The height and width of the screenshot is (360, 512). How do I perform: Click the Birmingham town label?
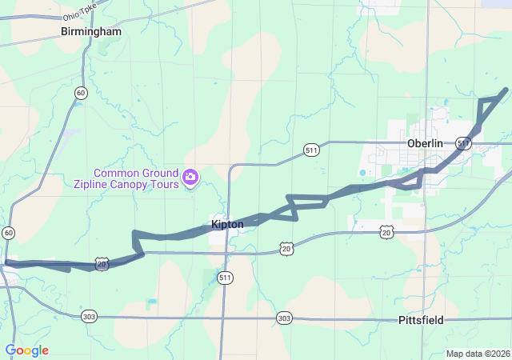point(91,32)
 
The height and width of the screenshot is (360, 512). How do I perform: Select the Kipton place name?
point(227,225)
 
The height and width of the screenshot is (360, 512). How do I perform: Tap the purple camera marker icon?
point(190,176)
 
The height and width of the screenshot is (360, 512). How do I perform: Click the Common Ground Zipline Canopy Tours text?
point(136,178)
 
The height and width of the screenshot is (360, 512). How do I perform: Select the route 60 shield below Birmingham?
point(80,94)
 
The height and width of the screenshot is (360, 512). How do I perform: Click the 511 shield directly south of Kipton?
point(226,278)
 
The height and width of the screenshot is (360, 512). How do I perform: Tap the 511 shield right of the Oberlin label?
point(463,142)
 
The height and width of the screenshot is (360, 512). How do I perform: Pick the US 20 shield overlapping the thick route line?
point(102,262)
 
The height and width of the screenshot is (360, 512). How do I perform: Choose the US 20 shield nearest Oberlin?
point(387,231)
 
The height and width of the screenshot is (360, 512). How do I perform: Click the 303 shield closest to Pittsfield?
point(284,318)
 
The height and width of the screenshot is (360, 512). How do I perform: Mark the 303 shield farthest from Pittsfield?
point(90,316)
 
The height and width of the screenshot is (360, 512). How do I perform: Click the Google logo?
point(26,350)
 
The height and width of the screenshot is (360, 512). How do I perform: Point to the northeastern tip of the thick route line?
point(505,90)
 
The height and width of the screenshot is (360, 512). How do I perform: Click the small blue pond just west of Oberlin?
point(363,172)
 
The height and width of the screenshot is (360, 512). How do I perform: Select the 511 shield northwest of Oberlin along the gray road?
point(312,150)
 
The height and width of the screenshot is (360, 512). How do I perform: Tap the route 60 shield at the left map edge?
point(8,233)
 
